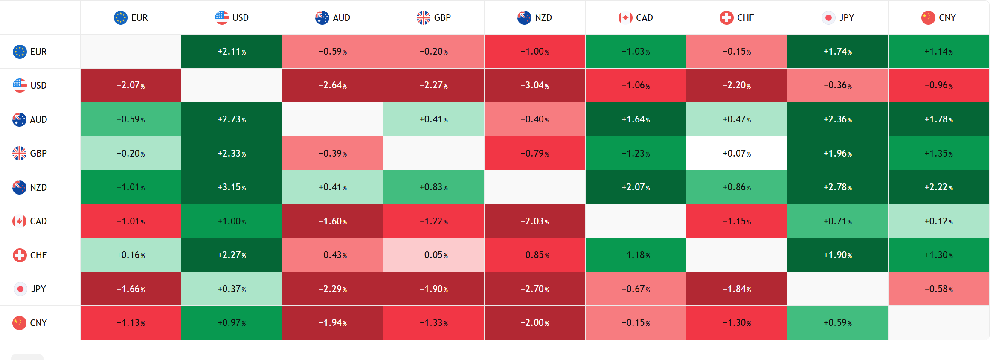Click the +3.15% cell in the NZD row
pyautogui.click(x=232, y=187)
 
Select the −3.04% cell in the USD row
pyautogui.click(x=534, y=85)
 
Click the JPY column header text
pyautogui.click(x=846, y=17)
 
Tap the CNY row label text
pyautogui.click(x=38, y=323)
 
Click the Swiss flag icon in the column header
pyautogui.click(x=726, y=17)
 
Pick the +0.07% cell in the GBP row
pyautogui.click(x=737, y=153)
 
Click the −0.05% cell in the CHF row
pyautogui.click(x=433, y=255)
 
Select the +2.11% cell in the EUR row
pyautogui.click(x=232, y=52)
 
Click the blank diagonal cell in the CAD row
pyautogui.click(x=636, y=221)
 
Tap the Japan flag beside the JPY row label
pyautogui.click(x=20, y=289)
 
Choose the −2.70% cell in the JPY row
pyautogui.click(x=534, y=289)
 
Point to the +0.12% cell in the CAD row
pyautogui.click(x=938, y=221)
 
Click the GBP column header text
pyautogui.click(x=442, y=17)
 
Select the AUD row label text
pyautogui.click(x=38, y=119)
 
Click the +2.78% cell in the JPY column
pyautogui.click(x=837, y=187)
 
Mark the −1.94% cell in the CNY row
pyautogui.click(x=333, y=323)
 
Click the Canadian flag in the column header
pyautogui.click(x=625, y=17)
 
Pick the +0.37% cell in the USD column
pyautogui.click(x=232, y=289)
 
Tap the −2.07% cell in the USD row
pyautogui.click(x=131, y=85)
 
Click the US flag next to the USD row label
pyautogui.click(x=20, y=85)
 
